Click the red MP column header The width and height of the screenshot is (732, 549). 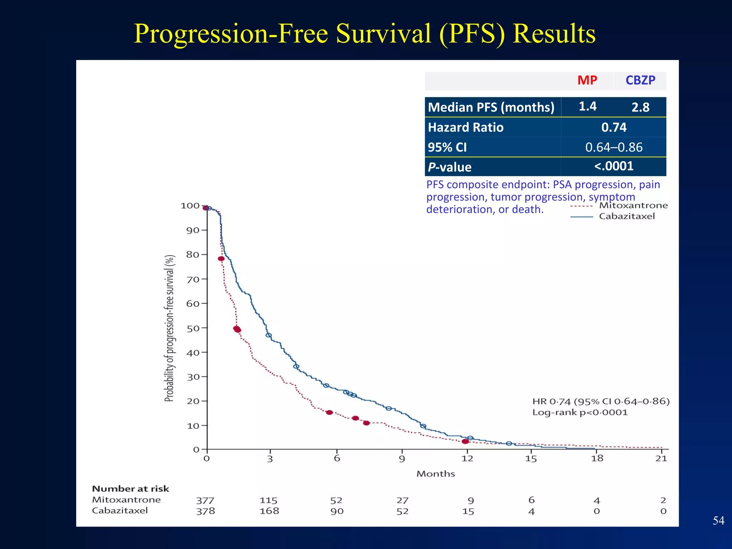pos(587,80)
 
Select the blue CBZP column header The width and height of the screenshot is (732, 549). pos(640,80)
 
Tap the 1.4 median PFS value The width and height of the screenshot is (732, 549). pos(587,106)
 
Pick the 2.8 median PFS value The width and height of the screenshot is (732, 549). pos(640,107)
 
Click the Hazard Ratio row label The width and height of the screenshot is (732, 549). pos(465,127)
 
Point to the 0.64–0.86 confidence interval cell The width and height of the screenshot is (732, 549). pos(613,147)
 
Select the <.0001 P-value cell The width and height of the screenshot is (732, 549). pos(613,166)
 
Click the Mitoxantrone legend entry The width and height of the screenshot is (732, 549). pos(633,206)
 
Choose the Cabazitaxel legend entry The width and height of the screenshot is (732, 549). pos(627,216)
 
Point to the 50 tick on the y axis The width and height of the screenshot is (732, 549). pos(193,328)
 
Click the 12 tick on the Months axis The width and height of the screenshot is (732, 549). pos(467,459)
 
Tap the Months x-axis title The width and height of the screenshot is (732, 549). pos(435,474)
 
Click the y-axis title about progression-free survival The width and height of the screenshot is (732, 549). pos(169,328)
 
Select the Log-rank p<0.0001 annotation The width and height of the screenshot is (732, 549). pos(579,412)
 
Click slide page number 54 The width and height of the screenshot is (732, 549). pos(718,520)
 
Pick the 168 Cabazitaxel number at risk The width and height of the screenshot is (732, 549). pos(269,511)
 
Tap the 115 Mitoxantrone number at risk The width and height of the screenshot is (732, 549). pos(268,500)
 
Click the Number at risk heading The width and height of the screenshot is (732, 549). pos(130,489)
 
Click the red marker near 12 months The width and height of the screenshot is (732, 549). pos(465,441)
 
